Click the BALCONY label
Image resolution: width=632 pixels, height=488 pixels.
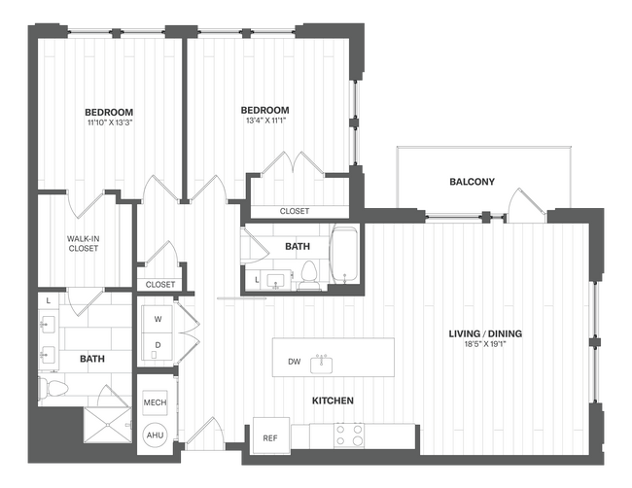click(472, 182)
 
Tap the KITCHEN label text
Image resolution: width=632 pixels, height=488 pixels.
click(332, 401)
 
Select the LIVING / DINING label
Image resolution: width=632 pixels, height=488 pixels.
click(485, 334)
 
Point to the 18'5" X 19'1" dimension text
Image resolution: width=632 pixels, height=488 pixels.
click(485, 345)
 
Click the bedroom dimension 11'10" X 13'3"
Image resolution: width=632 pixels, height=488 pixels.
click(108, 122)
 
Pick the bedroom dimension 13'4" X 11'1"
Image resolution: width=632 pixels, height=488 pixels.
click(265, 122)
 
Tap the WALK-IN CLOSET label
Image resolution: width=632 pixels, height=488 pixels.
click(83, 242)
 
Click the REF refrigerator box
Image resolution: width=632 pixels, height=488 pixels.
click(269, 437)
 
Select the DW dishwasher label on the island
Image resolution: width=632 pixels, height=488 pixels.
click(294, 363)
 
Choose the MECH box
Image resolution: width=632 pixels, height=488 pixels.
click(155, 402)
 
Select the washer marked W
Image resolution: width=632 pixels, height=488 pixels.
click(158, 319)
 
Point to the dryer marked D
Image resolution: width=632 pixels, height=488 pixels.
click(158, 345)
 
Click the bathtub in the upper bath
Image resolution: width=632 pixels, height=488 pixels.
click(344, 256)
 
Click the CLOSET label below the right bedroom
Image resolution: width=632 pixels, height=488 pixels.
click(295, 211)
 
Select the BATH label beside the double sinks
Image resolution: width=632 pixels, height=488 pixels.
click(91, 359)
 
